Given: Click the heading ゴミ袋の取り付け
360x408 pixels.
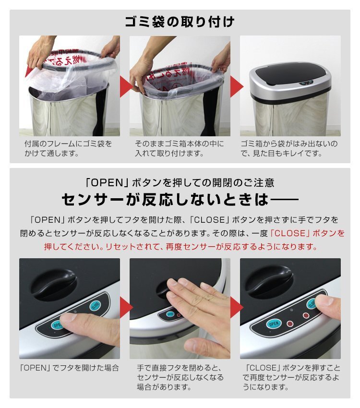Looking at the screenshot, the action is coord(180,22).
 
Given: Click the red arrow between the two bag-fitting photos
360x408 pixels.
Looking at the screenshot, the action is coord(125,86).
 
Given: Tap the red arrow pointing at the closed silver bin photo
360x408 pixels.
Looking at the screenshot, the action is coord(236,86).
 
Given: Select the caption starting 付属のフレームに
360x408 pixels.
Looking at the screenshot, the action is coord(68,148).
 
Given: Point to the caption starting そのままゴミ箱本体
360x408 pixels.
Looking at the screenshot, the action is coord(179,148).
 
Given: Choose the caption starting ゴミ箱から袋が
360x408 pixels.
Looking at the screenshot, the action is coord(289,148).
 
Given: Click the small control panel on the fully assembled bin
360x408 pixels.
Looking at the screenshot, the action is coord(306,83).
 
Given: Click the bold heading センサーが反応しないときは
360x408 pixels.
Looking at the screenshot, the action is coord(180,200).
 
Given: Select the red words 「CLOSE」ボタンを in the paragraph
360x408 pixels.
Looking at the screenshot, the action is coord(307,233).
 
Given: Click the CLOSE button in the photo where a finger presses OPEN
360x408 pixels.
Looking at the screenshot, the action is coord(95,305).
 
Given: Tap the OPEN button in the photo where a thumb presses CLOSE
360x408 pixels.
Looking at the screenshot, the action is coord(274,324).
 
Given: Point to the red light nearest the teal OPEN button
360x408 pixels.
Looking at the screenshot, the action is coord(290,324).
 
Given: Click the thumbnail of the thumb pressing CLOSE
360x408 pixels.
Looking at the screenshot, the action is coord(290,308).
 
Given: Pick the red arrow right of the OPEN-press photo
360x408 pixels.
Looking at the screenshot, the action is coord(126,308).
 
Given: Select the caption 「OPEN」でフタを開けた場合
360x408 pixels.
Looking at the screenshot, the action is coord(70,368).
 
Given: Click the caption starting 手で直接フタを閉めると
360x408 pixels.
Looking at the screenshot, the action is coord(180,377).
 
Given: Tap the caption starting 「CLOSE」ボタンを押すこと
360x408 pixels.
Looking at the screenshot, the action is coord(291,377).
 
